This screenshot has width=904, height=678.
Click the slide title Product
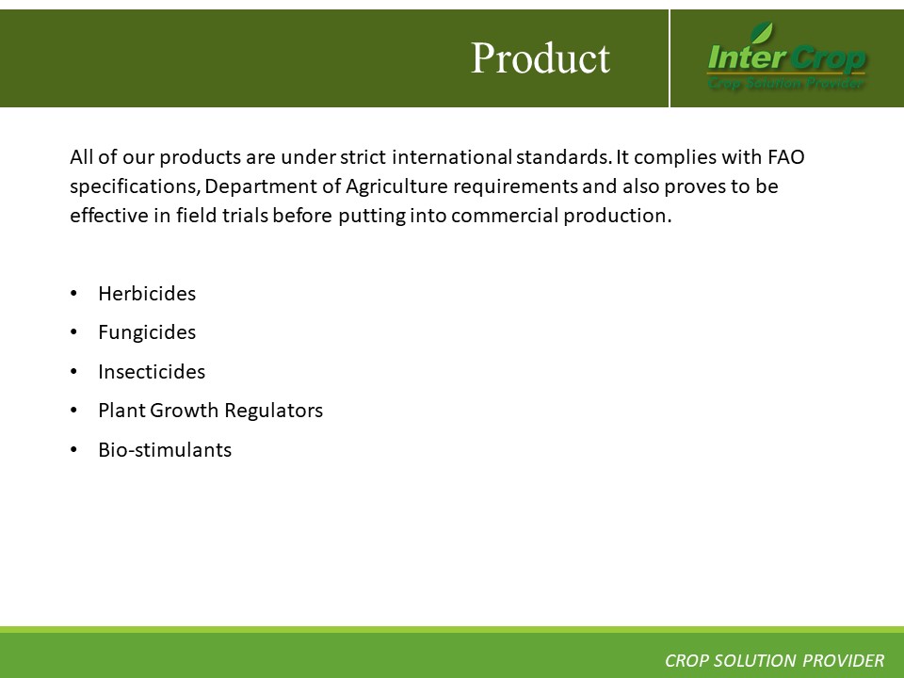tap(541, 58)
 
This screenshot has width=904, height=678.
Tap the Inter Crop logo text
tap(787, 57)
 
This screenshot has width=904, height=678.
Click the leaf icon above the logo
tap(761, 32)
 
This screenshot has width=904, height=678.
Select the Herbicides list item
tap(147, 294)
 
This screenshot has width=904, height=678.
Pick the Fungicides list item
tap(147, 332)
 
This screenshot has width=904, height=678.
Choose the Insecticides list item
tap(152, 372)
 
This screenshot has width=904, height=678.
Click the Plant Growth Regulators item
tap(210, 411)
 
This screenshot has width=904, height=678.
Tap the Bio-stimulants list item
tap(165, 450)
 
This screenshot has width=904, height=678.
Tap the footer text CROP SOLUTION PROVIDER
tap(774, 661)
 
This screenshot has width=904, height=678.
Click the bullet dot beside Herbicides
tap(73, 294)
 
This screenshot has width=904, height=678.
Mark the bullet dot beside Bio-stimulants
tap(73, 450)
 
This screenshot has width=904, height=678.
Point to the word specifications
tap(135, 186)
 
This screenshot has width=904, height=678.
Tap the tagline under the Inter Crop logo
tap(786, 84)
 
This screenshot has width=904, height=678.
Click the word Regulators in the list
tap(273, 411)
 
